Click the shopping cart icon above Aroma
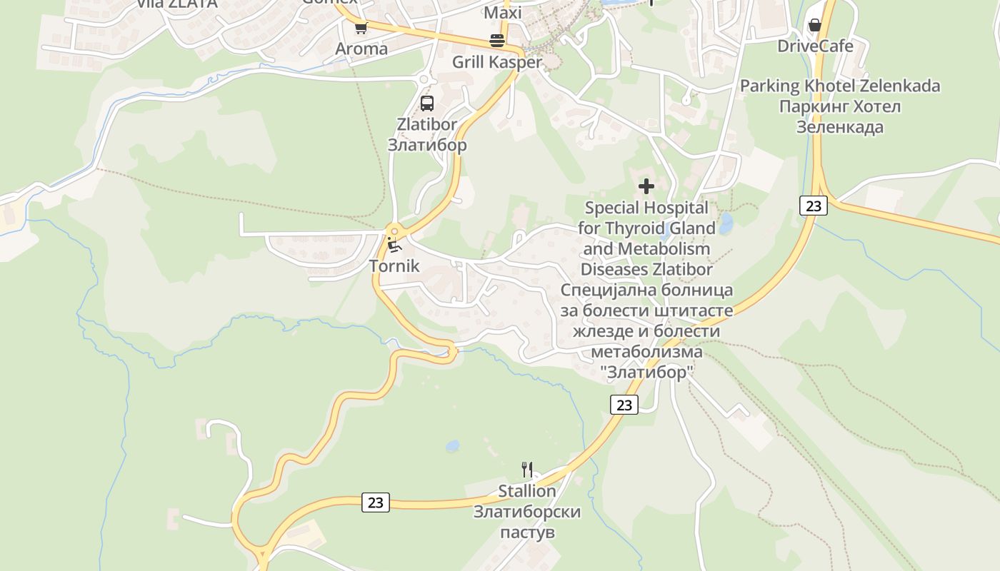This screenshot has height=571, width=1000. pos(361,29)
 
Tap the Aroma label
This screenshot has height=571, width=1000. pos(361,49)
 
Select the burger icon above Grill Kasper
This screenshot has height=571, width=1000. pos(497,41)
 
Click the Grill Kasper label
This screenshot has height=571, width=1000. pos(497,62)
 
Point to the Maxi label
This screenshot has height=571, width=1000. pos(503,13)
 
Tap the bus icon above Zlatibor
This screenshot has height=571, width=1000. pos(427,103)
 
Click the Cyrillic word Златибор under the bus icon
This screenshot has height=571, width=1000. pos(427,145)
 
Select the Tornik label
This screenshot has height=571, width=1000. pos(394,266)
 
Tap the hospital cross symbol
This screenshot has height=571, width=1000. pos(646,187)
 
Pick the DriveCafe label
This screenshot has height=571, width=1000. pos(815,46)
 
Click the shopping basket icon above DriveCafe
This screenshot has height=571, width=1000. pos(814,26)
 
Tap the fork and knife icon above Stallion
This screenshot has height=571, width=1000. pos(527,470)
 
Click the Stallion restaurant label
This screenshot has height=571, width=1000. pos(527,491)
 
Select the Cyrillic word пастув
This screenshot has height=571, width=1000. pos(527,532)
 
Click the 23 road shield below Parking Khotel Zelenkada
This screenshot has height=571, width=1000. pos(813,206)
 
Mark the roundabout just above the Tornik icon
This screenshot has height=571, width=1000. pos(394,231)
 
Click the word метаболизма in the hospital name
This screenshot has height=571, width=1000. pos(646,352)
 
